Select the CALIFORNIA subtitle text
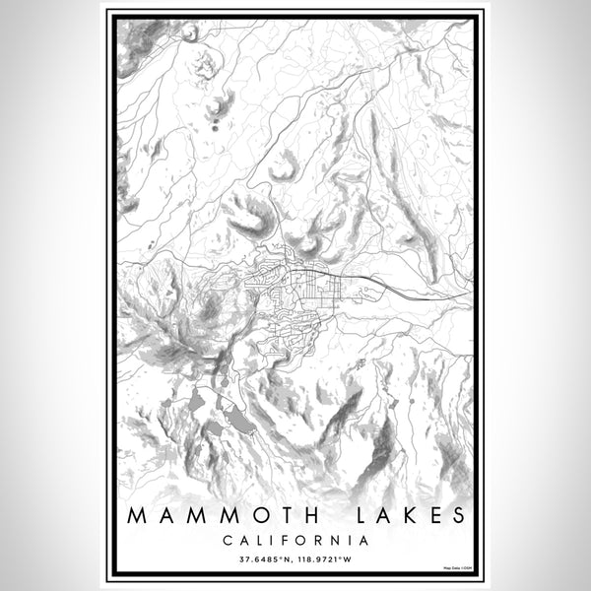[295, 540]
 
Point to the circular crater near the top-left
[189, 33]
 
